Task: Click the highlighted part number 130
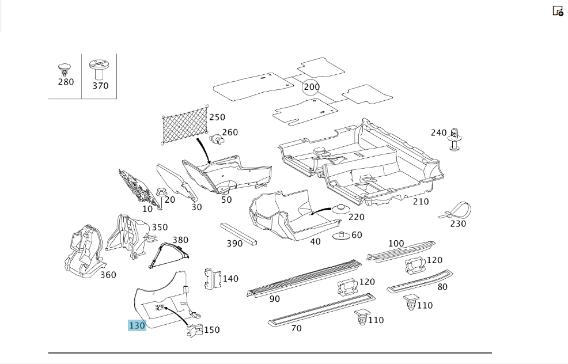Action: pos(137,325)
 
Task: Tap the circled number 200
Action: pos(312,87)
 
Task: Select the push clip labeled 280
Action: pos(64,70)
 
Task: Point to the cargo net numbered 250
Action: pos(185,125)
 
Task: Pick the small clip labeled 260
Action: pos(217,139)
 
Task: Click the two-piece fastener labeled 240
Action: pos(455,139)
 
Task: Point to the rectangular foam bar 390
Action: pos(238,234)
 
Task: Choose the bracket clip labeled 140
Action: pos(213,279)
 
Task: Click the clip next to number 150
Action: pos(195,330)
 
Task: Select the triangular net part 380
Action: pos(169,255)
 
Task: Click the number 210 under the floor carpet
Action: pos(421,202)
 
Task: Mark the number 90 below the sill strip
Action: pos(275,299)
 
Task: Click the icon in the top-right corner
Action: pos(558,11)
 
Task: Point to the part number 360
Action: pos(108,275)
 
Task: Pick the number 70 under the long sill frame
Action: pos(296,328)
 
